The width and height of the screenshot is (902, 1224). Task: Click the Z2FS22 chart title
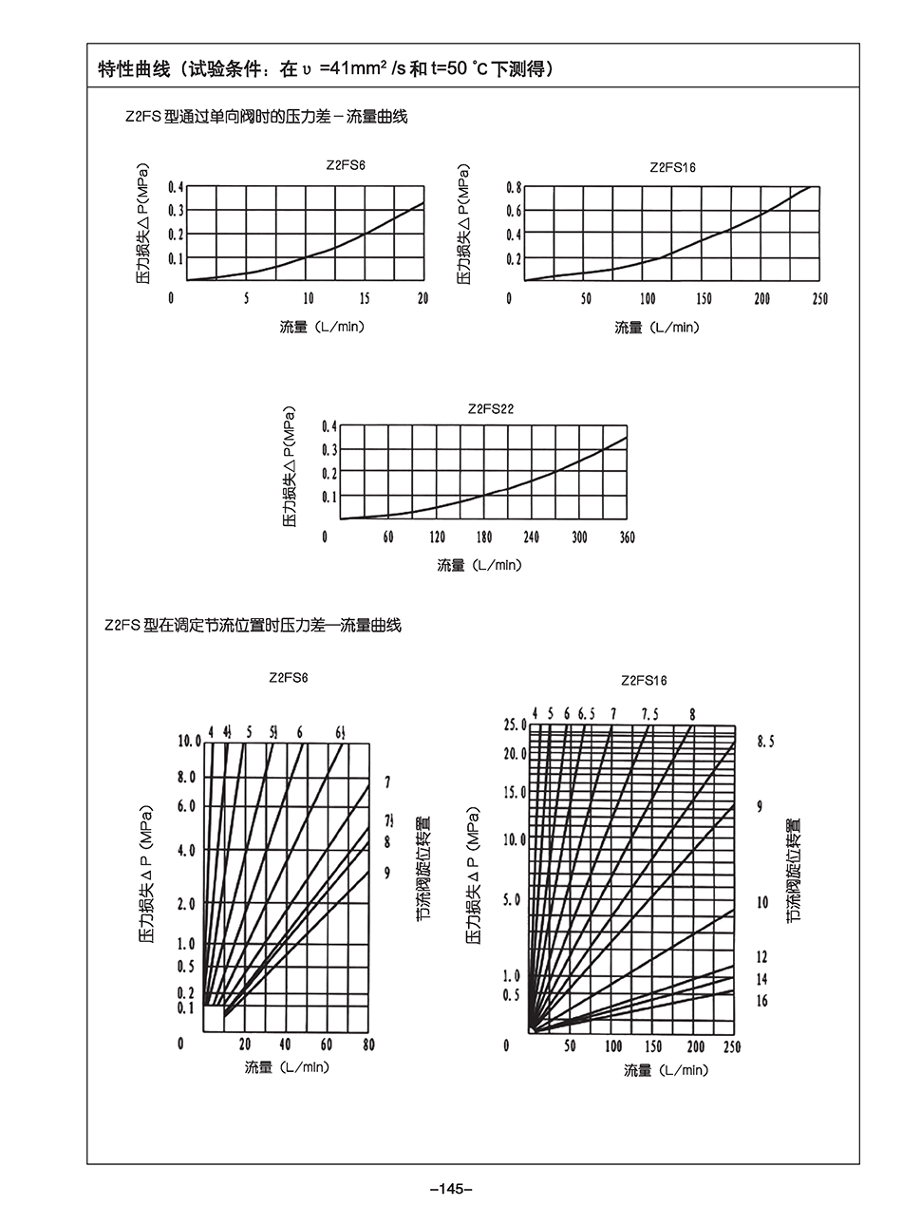click(491, 409)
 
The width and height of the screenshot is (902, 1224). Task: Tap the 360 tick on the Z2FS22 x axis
click(627, 537)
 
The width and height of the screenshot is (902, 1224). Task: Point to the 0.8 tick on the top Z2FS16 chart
click(514, 187)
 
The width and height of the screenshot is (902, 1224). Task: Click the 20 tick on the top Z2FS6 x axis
click(423, 298)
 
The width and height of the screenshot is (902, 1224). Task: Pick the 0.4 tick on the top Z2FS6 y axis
click(176, 187)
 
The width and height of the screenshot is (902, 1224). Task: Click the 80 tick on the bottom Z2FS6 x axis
click(368, 1045)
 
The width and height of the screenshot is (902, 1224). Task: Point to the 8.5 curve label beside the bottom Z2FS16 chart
click(765, 743)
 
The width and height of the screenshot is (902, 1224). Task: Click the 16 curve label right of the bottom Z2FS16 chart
click(761, 1001)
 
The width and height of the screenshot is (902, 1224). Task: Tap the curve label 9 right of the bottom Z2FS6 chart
click(387, 871)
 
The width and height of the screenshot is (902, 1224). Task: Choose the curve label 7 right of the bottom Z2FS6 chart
click(387, 783)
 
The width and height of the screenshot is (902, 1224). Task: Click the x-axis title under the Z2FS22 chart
click(479, 565)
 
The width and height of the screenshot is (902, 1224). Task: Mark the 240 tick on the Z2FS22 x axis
click(531, 537)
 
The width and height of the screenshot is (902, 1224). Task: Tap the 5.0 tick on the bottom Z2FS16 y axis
click(512, 899)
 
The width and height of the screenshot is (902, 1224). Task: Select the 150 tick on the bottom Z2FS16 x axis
click(653, 1046)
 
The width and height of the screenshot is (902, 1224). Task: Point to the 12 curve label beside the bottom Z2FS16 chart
click(761, 957)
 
